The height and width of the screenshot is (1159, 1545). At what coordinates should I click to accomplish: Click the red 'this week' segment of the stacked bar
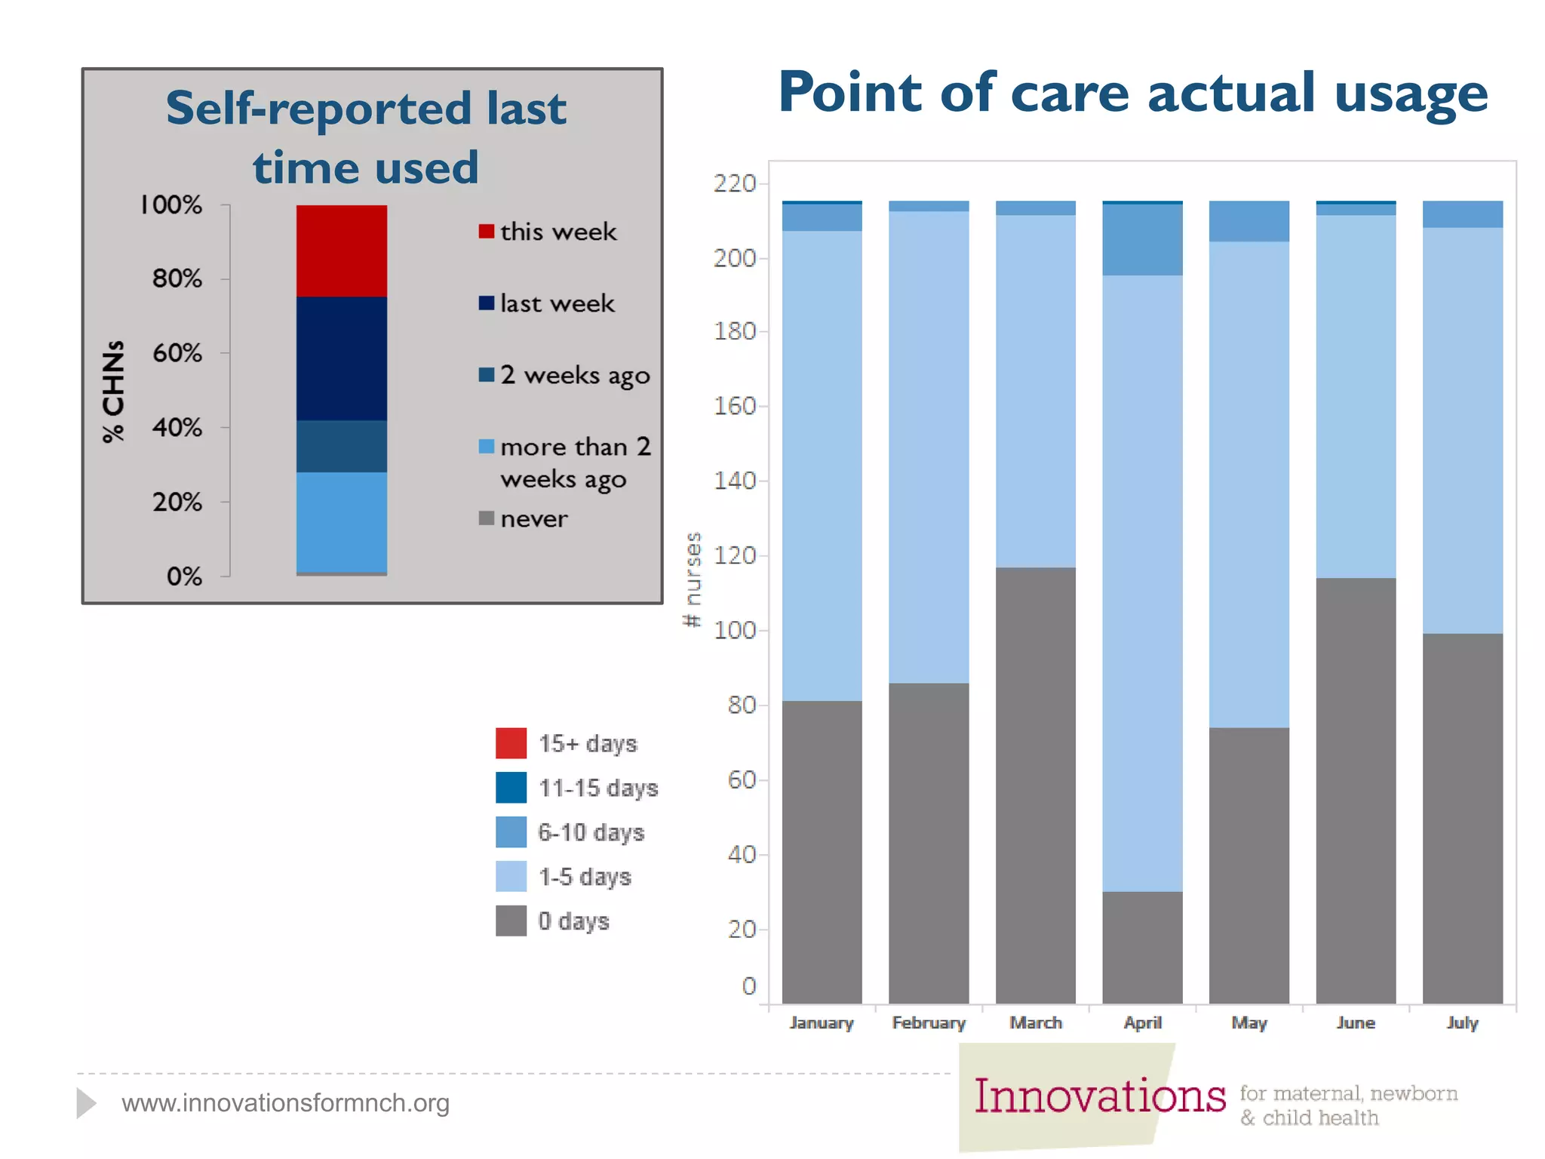(341, 251)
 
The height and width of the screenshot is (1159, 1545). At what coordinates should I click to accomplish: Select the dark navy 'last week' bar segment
(341, 358)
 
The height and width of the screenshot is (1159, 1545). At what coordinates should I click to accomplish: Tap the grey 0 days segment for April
(1142, 947)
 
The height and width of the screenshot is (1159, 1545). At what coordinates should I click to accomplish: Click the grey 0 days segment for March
(1035, 785)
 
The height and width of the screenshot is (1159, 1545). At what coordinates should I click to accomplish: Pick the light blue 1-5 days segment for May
(1249, 484)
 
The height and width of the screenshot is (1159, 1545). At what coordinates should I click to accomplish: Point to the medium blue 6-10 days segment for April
(1142, 239)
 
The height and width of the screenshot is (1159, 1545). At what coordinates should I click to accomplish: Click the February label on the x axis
(928, 1022)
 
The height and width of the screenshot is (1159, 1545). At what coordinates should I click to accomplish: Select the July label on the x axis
(1462, 1022)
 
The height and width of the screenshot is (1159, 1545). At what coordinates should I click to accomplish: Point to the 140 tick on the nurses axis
(735, 480)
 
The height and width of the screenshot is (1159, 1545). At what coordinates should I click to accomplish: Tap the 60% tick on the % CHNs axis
(177, 352)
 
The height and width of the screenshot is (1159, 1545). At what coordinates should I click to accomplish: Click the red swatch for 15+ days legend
(511, 743)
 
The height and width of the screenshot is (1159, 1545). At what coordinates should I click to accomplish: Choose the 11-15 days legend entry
(597, 788)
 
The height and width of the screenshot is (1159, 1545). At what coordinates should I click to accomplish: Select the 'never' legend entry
(533, 518)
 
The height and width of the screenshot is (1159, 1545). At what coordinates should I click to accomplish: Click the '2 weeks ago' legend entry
(573, 375)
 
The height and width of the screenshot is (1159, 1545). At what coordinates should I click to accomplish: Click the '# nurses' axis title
(692, 579)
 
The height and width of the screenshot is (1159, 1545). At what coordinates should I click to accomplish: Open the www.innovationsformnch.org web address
(285, 1102)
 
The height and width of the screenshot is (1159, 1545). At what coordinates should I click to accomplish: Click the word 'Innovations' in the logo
(1099, 1096)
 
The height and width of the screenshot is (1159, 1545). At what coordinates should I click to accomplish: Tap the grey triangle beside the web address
(85, 1102)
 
